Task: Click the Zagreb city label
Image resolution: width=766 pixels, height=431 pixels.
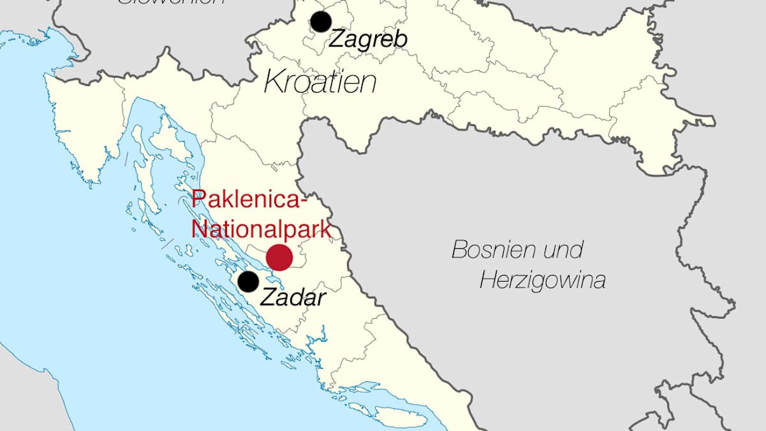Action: tap(367, 40)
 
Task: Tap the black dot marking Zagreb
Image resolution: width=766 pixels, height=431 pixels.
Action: tap(321, 22)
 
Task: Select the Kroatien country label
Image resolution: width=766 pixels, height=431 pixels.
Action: tap(320, 82)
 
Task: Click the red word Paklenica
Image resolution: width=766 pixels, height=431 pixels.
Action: tap(246, 199)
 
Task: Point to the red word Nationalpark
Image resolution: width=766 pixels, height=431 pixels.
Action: tap(261, 228)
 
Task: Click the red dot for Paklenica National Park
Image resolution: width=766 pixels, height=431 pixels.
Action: tap(279, 257)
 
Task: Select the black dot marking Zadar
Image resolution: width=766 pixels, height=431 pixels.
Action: tap(248, 281)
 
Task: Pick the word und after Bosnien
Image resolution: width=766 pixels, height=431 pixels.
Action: tap(563, 250)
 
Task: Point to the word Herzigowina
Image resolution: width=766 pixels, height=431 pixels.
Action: tap(542, 280)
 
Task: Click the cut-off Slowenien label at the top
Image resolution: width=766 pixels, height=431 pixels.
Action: tap(172, 2)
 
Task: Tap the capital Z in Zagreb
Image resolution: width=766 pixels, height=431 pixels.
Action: tap(335, 40)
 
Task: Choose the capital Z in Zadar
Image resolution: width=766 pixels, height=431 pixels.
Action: tap(269, 296)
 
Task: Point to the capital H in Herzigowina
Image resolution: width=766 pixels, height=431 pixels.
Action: tap(487, 280)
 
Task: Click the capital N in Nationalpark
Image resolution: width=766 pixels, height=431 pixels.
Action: tap(199, 228)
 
